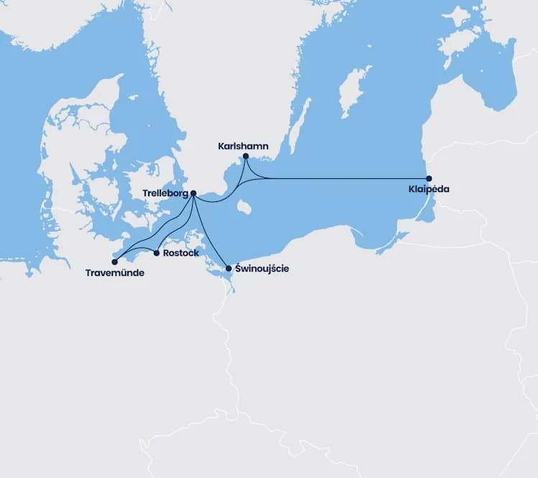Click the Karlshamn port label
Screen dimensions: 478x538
pyautogui.click(x=243, y=146)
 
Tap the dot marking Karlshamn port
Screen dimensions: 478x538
pyautogui.click(x=246, y=156)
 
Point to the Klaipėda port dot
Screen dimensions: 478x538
pyautogui.click(x=429, y=178)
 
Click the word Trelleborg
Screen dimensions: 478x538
pyautogui.click(x=165, y=193)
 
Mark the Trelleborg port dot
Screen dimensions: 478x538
pyautogui.click(x=193, y=193)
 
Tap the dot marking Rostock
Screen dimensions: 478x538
pyautogui.click(x=157, y=252)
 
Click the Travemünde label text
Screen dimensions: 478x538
pyautogui.click(x=114, y=273)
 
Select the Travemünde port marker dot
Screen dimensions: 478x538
pyautogui.click(x=114, y=262)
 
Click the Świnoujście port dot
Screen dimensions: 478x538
pyautogui.click(x=229, y=268)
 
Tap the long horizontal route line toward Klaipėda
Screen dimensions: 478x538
pyautogui.click(x=345, y=178)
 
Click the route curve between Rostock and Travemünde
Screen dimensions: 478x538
pyautogui.click(x=137, y=252)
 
